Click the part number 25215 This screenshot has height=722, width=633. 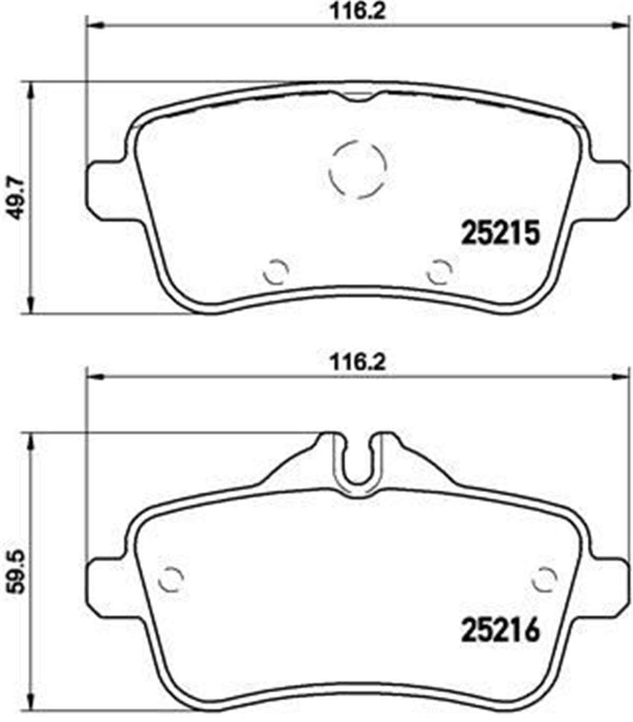[501, 233]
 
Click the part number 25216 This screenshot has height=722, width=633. [501, 630]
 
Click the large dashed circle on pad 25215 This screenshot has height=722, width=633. [358, 170]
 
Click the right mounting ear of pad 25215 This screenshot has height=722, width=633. [611, 185]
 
